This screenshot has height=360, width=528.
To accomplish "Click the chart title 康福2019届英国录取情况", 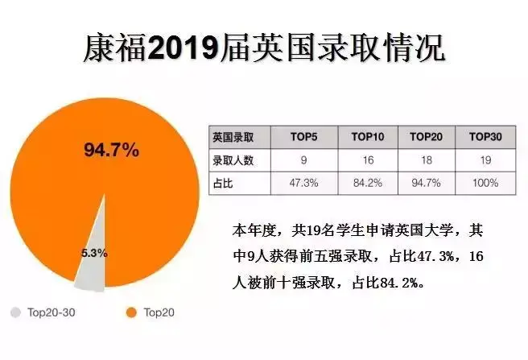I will click(x=263, y=48).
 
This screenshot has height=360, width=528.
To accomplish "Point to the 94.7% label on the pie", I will click(x=112, y=150).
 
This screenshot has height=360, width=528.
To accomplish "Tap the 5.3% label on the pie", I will click(x=94, y=252).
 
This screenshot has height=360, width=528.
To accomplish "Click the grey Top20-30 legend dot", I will click(x=15, y=312).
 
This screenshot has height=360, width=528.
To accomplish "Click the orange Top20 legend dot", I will click(x=132, y=312).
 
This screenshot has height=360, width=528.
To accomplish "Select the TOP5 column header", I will click(x=303, y=138).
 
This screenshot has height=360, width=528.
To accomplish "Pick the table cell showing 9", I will click(x=303, y=160).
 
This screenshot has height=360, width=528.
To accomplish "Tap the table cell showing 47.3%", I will click(x=303, y=183).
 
